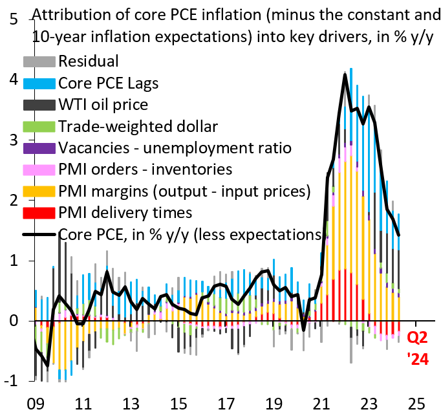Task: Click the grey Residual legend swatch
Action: pos(39,62)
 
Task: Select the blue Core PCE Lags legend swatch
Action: pos(39,83)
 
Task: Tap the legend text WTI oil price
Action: pos(103,104)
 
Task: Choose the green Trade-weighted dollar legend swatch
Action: pos(39,126)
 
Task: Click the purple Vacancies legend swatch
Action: pos(39,147)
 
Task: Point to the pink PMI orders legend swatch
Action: pos(39,169)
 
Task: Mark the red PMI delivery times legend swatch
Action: pos(39,212)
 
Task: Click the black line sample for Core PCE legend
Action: pos(39,234)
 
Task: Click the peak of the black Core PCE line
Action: pos(345,74)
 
